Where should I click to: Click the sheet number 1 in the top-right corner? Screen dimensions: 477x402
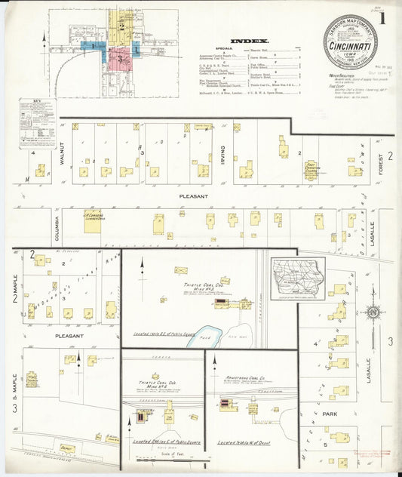click(x=389, y=13)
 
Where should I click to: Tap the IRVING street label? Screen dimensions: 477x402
click(x=222, y=155)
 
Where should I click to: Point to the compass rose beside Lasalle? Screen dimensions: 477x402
click(x=372, y=312)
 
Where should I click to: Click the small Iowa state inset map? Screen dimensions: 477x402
click(x=298, y=278)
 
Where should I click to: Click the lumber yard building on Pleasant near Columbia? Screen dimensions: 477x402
click(x=93, y=222)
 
